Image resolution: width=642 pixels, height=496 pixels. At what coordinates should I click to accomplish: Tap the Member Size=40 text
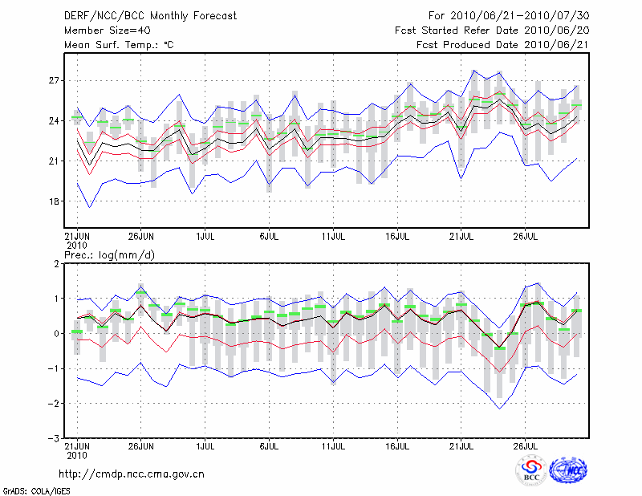(x=107, y=30)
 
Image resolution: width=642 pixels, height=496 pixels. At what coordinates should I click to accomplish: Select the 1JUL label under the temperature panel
(x=205, y=236)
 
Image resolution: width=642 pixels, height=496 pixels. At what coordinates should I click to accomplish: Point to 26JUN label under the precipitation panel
(x=141, y=445)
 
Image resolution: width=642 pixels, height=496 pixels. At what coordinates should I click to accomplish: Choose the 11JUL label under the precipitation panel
(x=334, y=445)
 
